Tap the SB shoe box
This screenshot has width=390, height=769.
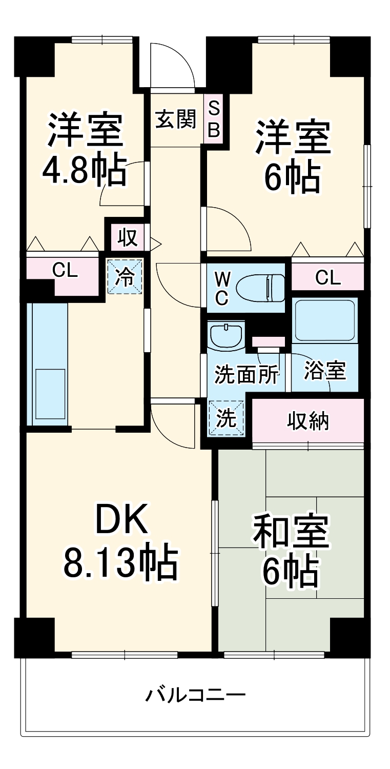(x=214, y=119)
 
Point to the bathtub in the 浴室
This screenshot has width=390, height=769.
(x=324, y=320)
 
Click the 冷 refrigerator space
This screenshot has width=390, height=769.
(x=125, y=276)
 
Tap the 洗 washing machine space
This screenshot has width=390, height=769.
(x=225, y=418)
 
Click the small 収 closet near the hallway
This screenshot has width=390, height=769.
(x=127, y=237)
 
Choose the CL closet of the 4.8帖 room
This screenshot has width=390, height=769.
(x=65, y=270)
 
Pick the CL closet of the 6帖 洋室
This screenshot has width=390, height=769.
(x=327, y=278)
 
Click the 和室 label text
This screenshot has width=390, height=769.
(x=291, y=532)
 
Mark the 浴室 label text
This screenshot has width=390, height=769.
(x=324, y=370)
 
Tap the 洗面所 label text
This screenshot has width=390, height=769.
(x=247, y=375)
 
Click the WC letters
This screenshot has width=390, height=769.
(x=222, y=288)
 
